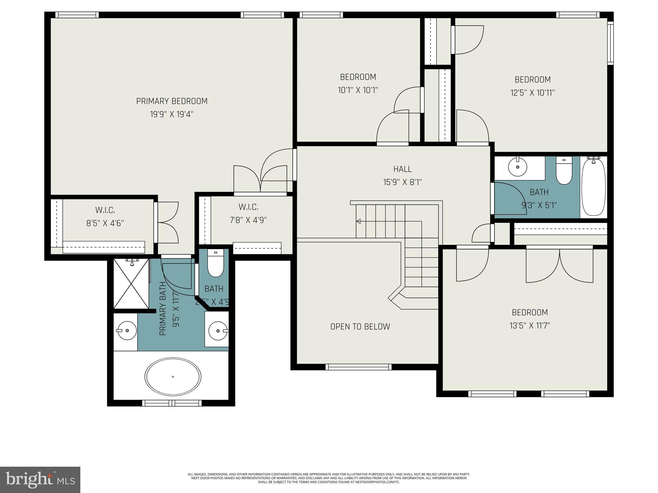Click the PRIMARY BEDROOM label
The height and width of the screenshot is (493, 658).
(172, 101)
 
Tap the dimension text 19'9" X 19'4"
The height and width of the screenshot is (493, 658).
(172, 114)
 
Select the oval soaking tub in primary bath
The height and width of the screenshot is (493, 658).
(173, 376)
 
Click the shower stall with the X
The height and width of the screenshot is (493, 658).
(131, 284)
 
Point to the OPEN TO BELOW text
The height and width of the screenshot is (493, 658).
(360, 326)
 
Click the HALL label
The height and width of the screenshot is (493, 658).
(402, 169)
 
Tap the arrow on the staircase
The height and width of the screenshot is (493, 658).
(359, 221)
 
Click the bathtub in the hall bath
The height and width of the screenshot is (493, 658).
(594, 188)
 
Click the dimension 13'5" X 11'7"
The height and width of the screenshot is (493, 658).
(529, 326)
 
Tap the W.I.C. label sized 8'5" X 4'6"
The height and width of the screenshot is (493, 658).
(105, 210)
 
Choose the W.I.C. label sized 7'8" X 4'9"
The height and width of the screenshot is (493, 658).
(248, 207)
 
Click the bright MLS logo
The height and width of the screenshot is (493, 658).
(40, 480)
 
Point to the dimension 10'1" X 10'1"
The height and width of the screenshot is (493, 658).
(358, 90)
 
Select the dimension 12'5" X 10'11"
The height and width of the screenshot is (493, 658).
(532, 93)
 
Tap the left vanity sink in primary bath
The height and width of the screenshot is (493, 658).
(126, 330)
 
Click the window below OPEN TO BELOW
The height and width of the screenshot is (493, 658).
(358, 367)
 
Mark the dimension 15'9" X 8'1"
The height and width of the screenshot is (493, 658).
(402, 182)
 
